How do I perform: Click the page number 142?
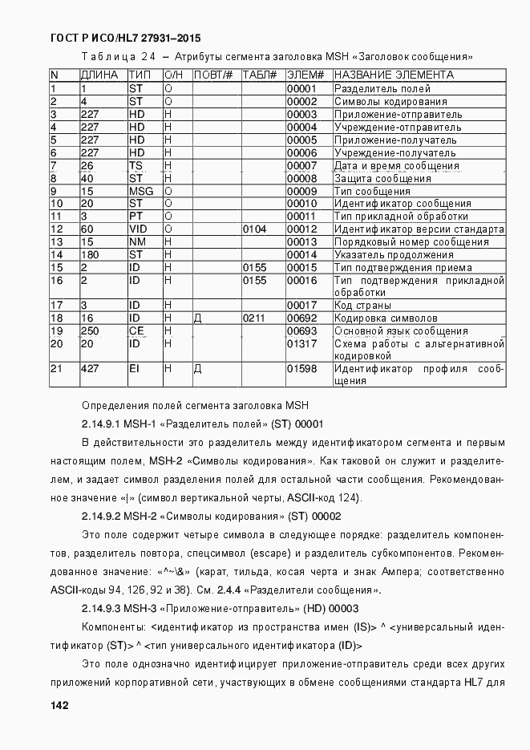coord(59,705)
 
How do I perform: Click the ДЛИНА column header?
coord(99,75)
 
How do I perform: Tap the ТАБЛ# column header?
coord(259,75)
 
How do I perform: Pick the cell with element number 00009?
coord(302,191)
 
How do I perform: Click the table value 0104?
coord(254,229)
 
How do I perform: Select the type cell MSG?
coord(141,191)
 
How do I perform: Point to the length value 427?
coord(90,369)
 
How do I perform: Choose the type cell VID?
coord(138,229)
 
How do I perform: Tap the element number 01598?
coord(302,369)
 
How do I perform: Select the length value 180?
coord(90,255)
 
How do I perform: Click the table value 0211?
coord(254,318)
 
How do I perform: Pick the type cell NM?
coord(137,242)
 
